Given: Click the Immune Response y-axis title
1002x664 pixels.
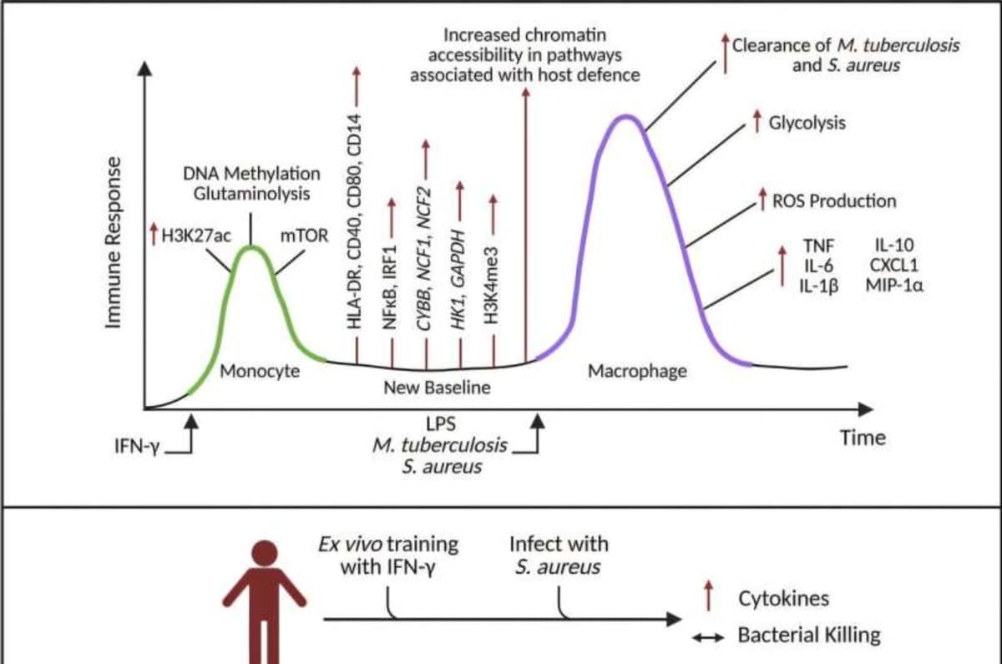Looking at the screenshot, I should [x=114, y=242].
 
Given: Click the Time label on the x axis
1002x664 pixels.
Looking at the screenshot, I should [x=863, y=438].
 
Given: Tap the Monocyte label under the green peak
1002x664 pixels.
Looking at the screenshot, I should [x=260, y=371].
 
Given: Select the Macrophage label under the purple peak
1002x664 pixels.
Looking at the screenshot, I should [x=637, y=371].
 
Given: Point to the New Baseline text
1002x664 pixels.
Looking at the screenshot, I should [x=437, y=388].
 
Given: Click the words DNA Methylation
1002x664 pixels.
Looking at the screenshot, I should [x=251, y=174].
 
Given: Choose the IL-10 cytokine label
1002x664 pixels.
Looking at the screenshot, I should [x=894, y=246].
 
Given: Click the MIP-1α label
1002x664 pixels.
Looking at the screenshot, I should [x=894, y=284].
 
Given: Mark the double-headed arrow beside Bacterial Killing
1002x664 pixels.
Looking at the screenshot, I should [x=706, y=637].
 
